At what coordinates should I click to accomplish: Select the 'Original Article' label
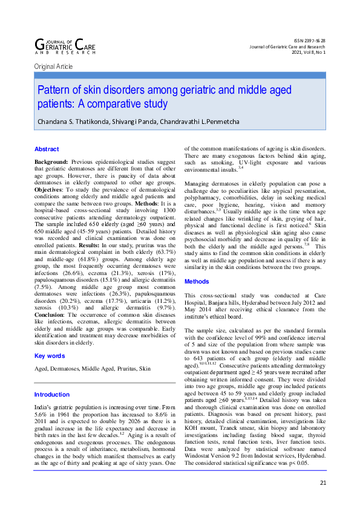[54, 66]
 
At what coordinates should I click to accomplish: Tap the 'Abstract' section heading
[47, 149]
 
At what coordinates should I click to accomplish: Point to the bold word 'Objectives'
[50, 190]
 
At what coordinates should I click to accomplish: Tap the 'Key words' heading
[49, 355]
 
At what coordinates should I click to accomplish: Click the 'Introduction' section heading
[52, 394]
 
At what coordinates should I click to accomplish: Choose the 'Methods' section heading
[197, 281]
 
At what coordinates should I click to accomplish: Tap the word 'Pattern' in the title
[53, 90]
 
